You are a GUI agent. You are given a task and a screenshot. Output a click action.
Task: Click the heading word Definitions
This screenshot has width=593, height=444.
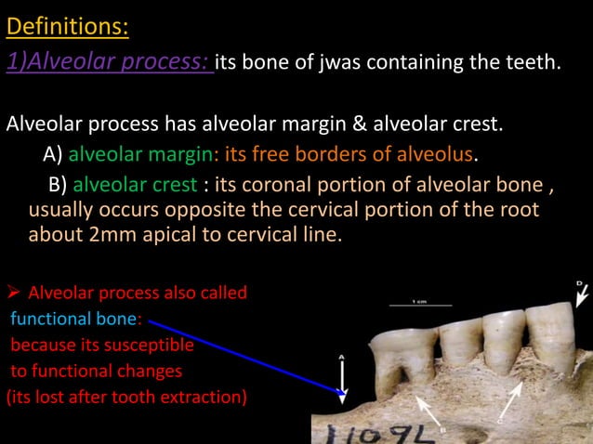67,26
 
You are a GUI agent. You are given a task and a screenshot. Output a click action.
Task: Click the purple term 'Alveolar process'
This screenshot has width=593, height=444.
110,63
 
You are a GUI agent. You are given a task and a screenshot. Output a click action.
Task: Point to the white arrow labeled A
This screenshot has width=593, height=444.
342,379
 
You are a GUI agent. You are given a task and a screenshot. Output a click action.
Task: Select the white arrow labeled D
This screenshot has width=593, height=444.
582,294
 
